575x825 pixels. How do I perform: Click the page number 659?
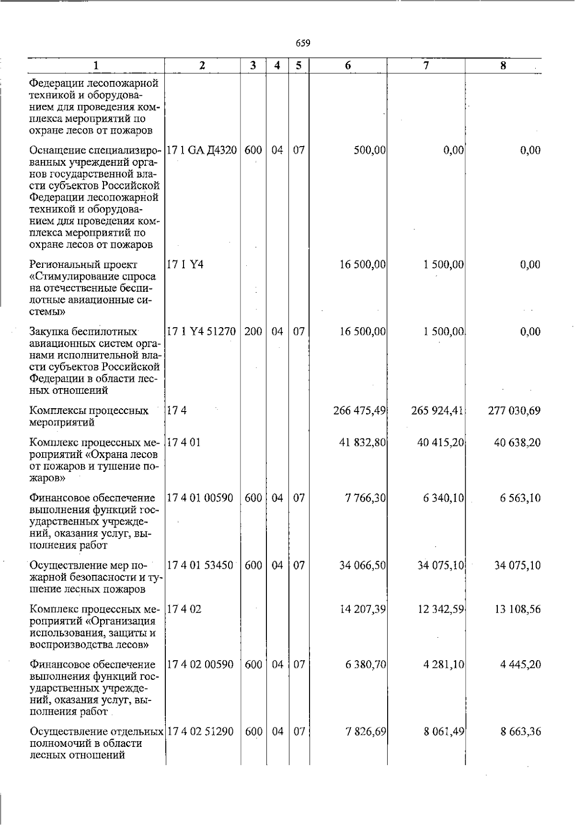303,44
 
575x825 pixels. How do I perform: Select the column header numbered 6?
348,66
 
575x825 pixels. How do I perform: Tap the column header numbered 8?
503,66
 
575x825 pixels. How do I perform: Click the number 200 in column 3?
253,332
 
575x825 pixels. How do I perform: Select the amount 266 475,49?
359,411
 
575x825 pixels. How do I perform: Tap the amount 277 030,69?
514,411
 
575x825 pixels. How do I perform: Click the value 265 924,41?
437,411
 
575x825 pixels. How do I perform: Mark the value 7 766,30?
365,498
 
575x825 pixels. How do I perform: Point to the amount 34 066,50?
363,565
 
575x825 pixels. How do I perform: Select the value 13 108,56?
517,609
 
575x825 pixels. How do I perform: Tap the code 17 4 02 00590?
200,665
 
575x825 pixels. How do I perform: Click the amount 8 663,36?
520,732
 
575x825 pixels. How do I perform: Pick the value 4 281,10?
443,665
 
